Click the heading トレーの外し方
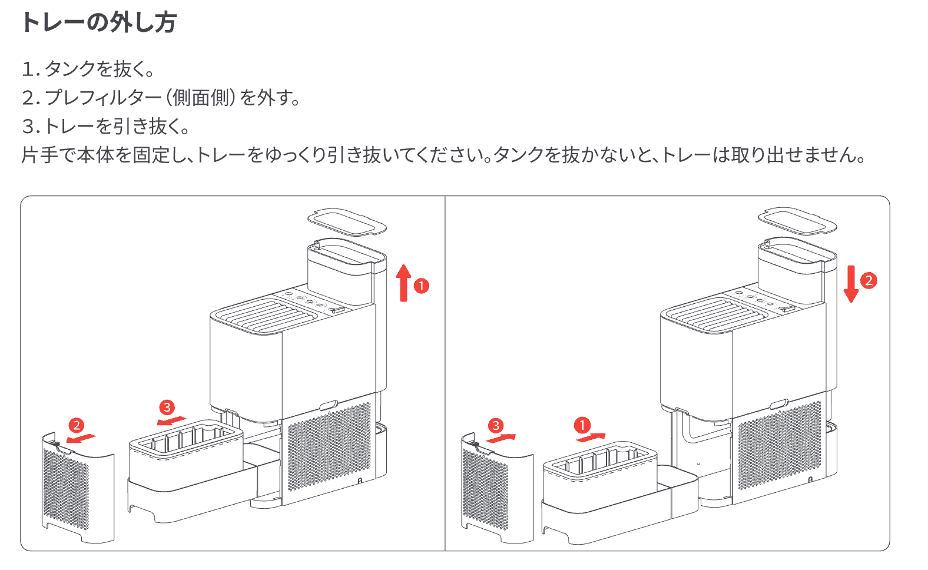pyautogui.click(x=98, y=22)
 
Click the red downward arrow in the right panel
pyautogui.click(x=851, y=284)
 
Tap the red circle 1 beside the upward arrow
pyautogui.click(x=422, y=286)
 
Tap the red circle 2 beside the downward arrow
pyautogui.click(x=869, y=280)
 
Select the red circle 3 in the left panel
pyautogui.click(x=167, y=407)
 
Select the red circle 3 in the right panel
pyautogui.click(x=496, y=425)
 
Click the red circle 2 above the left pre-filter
pyautogui.click(x=77, y=425)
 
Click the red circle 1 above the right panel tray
pyautogui.click(x=582, y=425)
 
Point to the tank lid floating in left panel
pyautogui.click(x=347, y=221)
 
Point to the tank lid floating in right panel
pyautogui.click(x=797, y=221)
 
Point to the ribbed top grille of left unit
pyautogui.click(x=265, y=316)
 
